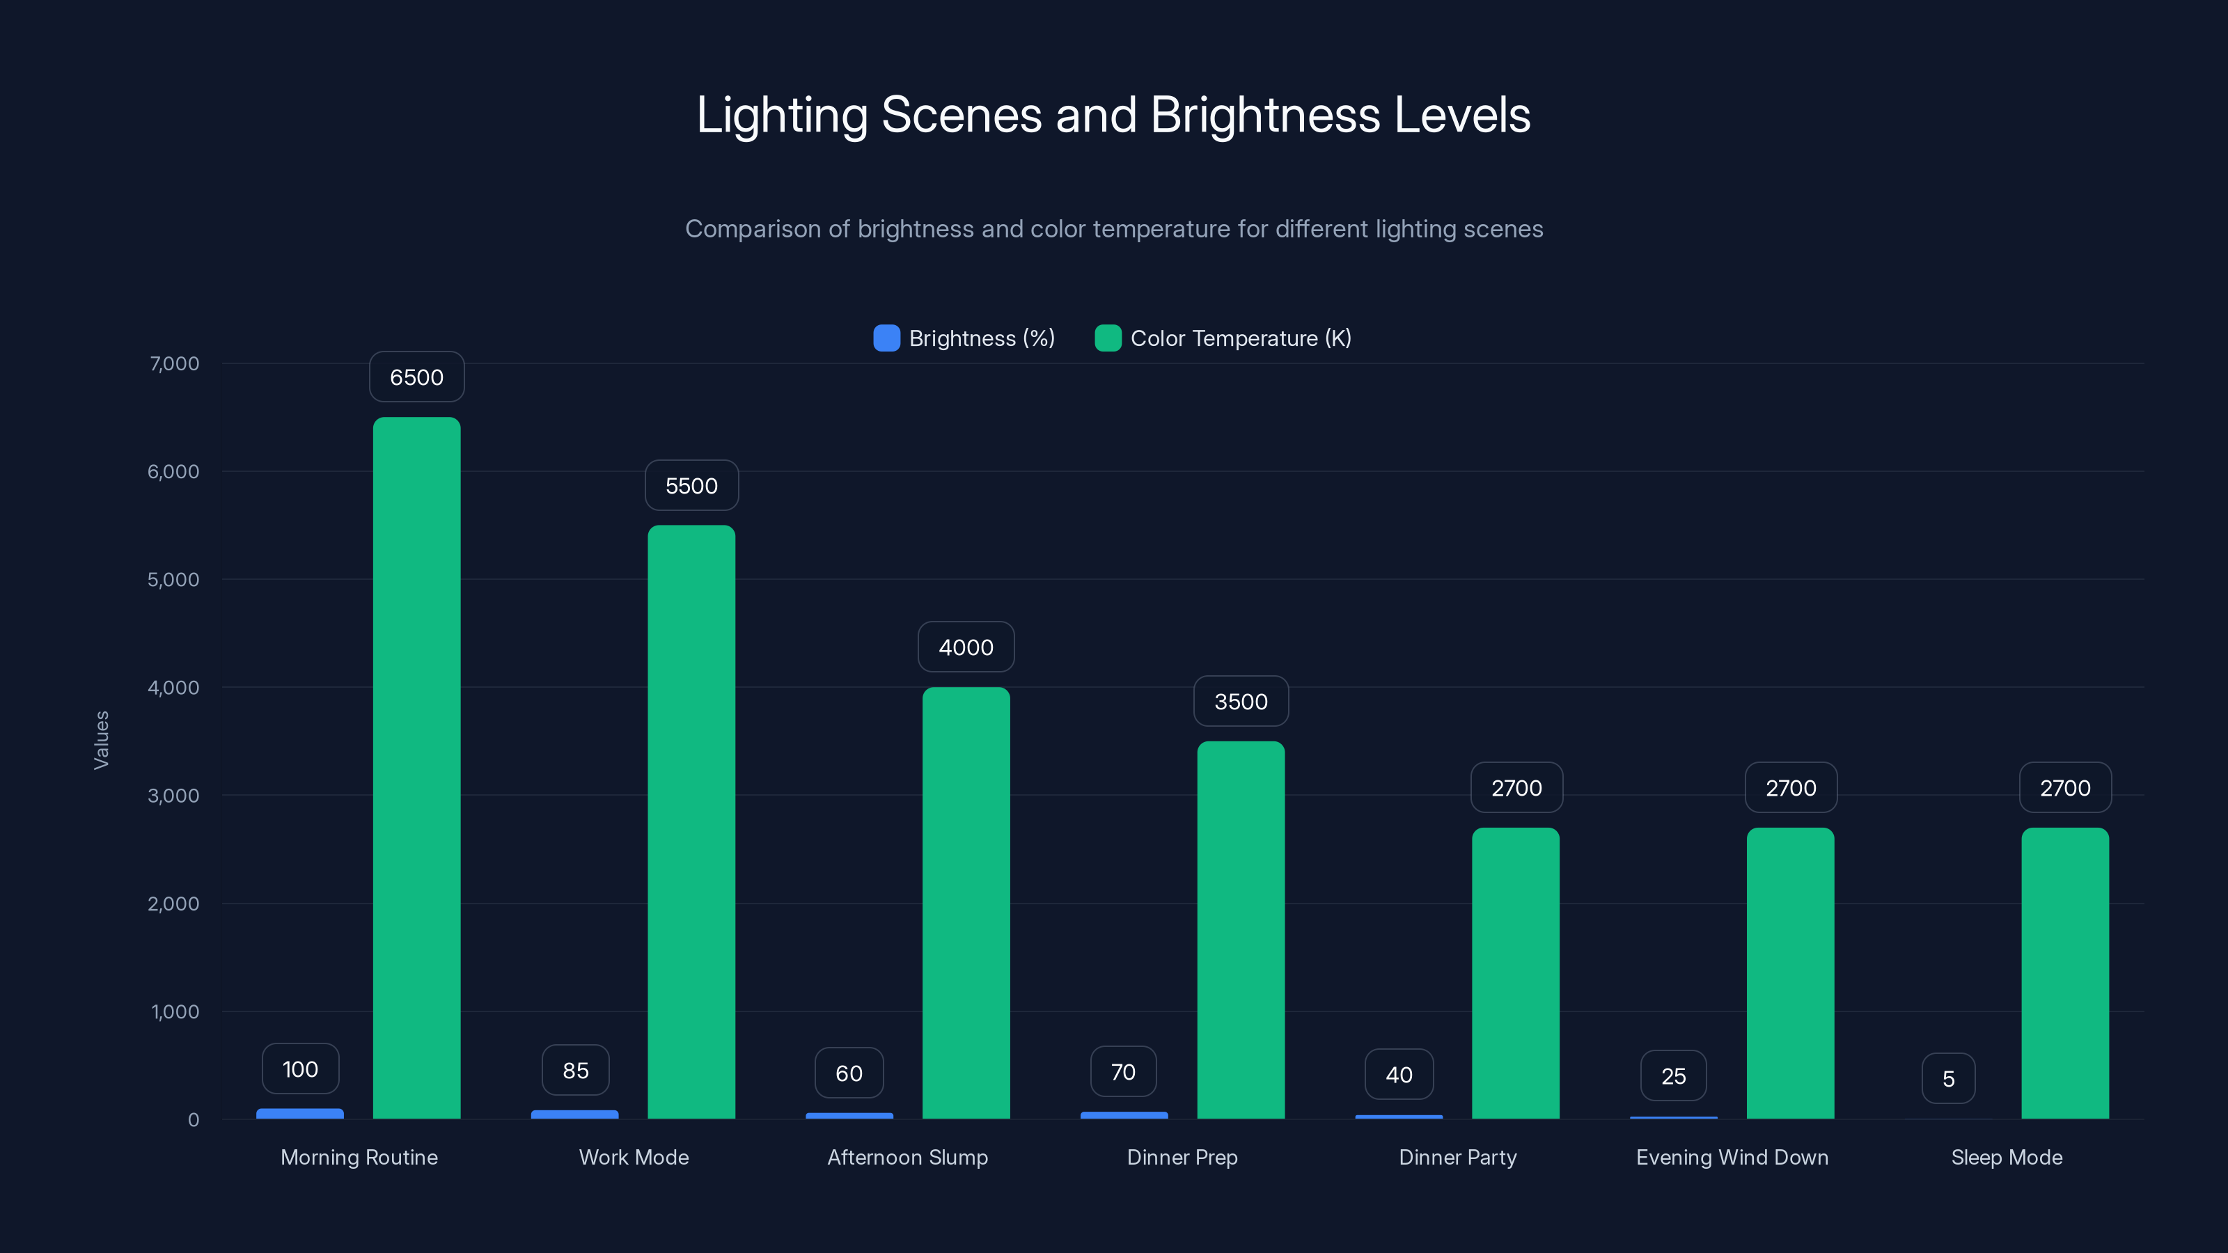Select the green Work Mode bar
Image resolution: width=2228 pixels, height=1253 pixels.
(x=691, y=821)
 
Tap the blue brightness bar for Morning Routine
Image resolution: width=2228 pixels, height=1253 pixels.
(x=300, y=1114)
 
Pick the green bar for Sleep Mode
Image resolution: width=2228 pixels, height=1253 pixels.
(x=2064, y=973)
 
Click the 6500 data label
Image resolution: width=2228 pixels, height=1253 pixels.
(x=416, y=377)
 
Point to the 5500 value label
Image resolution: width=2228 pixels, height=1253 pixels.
(x=691, y=486)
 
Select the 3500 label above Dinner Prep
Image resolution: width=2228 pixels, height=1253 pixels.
(x=1240, y=701)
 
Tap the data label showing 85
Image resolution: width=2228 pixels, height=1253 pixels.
(x=575, y=1071)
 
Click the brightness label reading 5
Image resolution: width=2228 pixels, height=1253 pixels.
(x=1948, y=1078)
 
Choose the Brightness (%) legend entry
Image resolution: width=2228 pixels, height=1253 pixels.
(x=964, y=338)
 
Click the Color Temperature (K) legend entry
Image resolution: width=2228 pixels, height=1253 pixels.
(x=1223, y=338)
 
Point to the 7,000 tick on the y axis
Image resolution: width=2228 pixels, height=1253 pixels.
(x=174, y=363)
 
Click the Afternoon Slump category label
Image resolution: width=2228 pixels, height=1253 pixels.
(x=907, y=1157)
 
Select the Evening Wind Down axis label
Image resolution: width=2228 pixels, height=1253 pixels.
(x=1732, y=1157)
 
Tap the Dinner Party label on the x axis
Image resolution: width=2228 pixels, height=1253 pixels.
(x=1457, y=1157)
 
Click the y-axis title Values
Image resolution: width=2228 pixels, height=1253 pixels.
(x=101, y=740)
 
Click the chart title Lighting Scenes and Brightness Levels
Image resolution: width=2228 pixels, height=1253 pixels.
(x=1113, y=115)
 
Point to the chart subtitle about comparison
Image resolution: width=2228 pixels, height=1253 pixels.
(x=1113, y=229)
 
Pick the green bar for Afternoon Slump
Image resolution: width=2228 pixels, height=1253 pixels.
(x=965, y=903)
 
